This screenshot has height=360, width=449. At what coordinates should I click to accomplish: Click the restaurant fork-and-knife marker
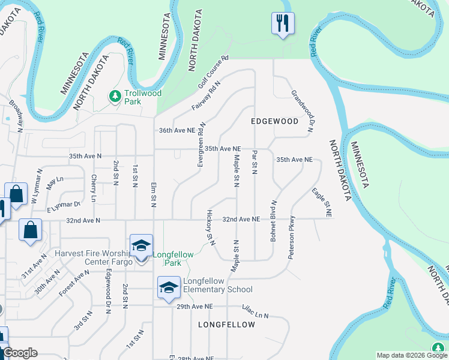pyautogui.click(x=283, y=24)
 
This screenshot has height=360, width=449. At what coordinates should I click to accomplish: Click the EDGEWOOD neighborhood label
pyautogui.click(x=274, y=121)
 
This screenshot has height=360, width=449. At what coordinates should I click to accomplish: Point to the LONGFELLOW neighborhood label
pyautogui.click(x=226, y=325)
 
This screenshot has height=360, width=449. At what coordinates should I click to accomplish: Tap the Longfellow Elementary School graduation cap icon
pyautogui.click(x=169, y=287)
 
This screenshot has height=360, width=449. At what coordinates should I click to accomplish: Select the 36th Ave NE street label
pyautogui.click(x=176, y=130)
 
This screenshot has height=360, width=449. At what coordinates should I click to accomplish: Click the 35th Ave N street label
pyautogui.click(x=85, y=156)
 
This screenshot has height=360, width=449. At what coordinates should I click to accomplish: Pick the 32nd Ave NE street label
pyautogui.click(x=241, y=220)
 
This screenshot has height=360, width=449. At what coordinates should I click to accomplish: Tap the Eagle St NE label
pyautogui.click(x=322, y=202)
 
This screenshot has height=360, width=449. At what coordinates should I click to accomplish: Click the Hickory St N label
pyautogui.click(x=210, y=227)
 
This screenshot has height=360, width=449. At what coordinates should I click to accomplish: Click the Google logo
pyautogui.click(x=20, y=353)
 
